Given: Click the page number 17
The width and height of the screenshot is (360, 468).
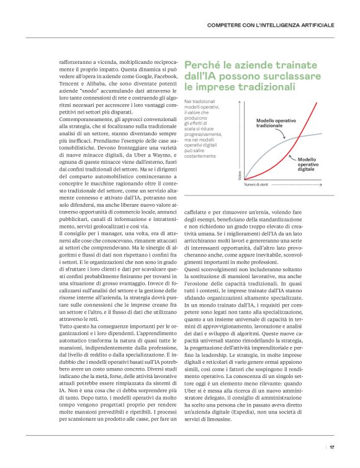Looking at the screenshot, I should point(332,446).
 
